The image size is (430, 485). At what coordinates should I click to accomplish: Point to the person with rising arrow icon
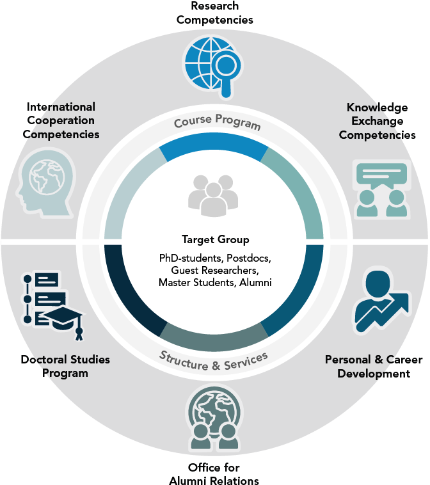point(381,301)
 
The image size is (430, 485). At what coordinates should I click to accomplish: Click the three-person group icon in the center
point(212,195)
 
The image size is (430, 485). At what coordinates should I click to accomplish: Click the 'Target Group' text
point(215,240)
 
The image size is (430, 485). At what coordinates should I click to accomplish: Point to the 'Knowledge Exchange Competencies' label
point(377,121)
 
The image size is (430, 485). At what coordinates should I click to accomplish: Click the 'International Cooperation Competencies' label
point(61,120)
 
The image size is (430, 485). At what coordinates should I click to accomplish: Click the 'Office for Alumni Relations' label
point(214,474)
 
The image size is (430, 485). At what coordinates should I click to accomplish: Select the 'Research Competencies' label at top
point(214,13)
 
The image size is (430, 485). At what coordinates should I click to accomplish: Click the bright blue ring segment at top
point(213,148)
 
